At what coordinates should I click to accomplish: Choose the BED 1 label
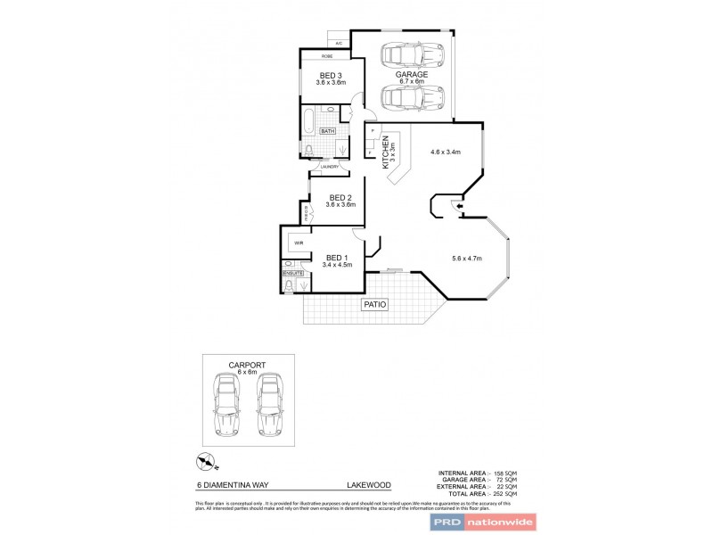[338, 257]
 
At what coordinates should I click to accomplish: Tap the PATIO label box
[375, 305]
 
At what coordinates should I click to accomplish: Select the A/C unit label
[339, 44]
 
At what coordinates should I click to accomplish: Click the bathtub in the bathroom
[313, 118]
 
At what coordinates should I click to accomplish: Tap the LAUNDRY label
[325, 167]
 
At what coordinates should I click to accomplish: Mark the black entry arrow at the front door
[459, 208]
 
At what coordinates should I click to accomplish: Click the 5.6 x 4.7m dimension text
[466, 259]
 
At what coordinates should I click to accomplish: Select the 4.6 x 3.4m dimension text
[445, 152]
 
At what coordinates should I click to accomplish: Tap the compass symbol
[204, 461]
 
